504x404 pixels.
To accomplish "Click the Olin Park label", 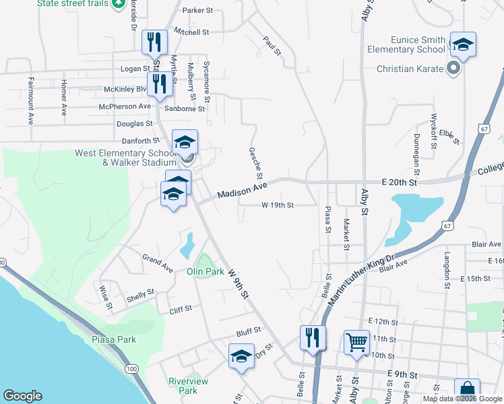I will (x=205, y=271).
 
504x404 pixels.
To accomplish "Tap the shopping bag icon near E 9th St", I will (x=466, y=391).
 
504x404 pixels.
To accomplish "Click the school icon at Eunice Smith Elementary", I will (x=462, y=44).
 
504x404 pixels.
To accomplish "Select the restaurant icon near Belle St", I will (x=313, y=337).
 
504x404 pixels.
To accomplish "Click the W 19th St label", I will (x=278, y=205).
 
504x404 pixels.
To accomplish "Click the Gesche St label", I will (x=255, y=164).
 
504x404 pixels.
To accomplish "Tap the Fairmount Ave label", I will (x=31, y=101).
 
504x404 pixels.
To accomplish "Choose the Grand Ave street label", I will (x=157, y=263).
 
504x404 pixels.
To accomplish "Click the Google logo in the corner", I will (x=22, y=396).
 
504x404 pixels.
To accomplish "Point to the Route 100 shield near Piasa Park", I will (x=132, y=369).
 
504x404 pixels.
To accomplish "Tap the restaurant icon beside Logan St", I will (x=155, y=42).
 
